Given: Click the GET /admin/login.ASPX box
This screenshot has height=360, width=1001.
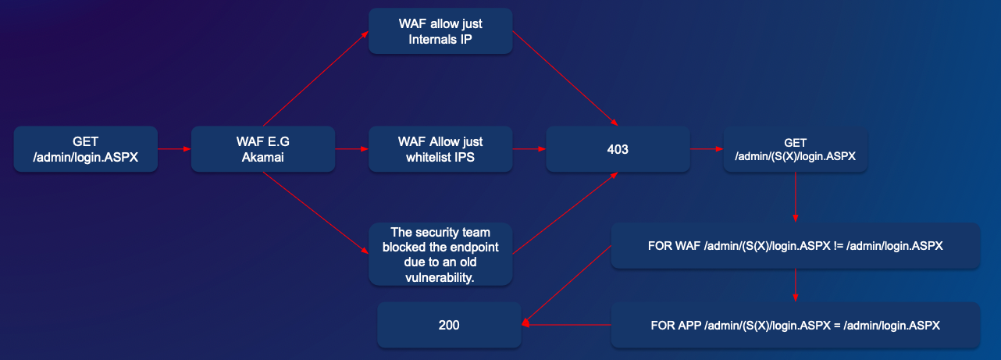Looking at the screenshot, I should click(x=86, y=149).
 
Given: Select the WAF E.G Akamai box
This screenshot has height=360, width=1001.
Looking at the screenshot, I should click(x=263, y=149).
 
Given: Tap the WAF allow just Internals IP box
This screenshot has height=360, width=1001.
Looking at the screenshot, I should click(x=440, y=31).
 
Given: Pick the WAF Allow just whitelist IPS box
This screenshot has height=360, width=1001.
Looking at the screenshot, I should click(x=440, y=149).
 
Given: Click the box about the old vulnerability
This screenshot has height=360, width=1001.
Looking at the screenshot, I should click(x=440, y=254).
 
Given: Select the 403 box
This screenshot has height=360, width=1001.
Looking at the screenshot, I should click(x=618, y=149).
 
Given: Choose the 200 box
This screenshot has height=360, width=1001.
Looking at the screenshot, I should click(x=449, y=325).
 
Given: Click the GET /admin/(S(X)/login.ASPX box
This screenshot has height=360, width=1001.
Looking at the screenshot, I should click(x=795, y=149).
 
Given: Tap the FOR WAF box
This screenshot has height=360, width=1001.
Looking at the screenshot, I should click(x=795, y=246).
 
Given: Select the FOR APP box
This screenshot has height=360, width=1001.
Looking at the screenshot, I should click(x=795, y=325).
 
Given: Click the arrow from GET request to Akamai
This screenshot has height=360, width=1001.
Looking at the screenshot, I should click(x=175, y=148).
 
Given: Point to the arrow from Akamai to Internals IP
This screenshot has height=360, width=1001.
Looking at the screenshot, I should click(x=315, y=79).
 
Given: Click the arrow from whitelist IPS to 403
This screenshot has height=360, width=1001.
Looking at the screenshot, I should click(x=529, y=148).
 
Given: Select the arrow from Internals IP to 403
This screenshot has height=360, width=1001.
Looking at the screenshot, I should click(x=565, y=77).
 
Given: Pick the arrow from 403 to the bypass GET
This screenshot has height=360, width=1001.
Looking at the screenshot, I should click(x=707, y=148).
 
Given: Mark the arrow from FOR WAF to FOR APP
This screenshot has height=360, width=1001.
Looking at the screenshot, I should click(x=795, y=286).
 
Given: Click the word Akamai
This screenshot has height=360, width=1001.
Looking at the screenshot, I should click(x=263, y=156).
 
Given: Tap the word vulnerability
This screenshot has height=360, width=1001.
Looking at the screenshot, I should click(x=440, y=277).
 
